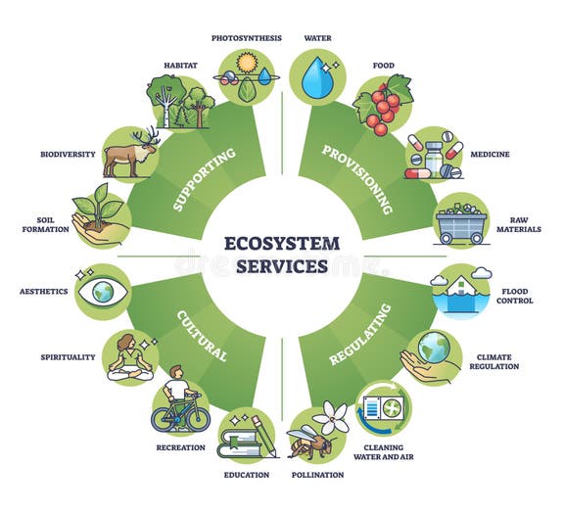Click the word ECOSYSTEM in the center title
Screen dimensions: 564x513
point(282,244)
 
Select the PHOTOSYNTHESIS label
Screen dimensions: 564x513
point(247,38)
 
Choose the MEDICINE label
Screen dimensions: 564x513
point(490,155)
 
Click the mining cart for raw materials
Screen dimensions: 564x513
point(461,224)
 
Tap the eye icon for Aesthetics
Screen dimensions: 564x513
point(103,291)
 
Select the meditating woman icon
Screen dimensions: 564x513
point(130,357)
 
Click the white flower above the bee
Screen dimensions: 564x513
point(331,417)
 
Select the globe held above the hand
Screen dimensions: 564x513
point(434,348)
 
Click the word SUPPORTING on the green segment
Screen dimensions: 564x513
point(205,179)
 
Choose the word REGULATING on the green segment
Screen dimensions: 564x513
point(360,335)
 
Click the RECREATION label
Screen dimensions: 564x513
point(181,447)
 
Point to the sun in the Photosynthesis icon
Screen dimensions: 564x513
point(247,63)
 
